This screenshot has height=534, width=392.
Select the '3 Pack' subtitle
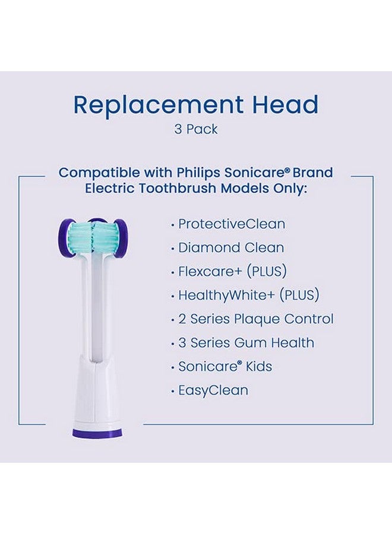(x=196, y=129)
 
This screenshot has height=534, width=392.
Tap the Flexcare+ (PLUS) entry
(x=232, y=272)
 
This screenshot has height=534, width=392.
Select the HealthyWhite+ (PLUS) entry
(x=249, y=295)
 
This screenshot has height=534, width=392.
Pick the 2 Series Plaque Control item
(x=256, y=319)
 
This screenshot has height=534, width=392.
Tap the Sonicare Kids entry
(x=225, y=367)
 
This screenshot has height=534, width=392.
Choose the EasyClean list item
(x=213, y=390)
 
